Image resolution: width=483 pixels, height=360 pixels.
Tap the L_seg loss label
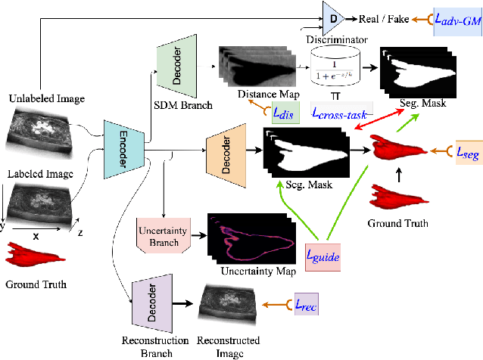467,153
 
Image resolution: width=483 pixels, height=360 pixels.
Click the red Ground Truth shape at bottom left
31,257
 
